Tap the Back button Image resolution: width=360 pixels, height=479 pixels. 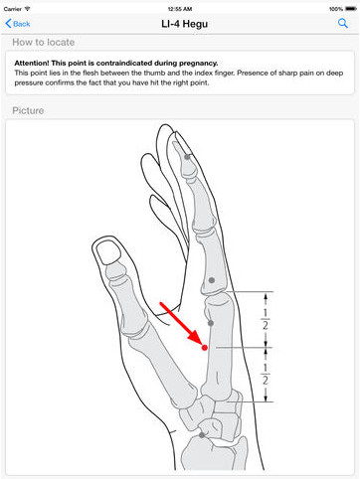point(18,24)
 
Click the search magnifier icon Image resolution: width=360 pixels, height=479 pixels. point(343,23)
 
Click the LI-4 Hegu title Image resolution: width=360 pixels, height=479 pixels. point(185,24)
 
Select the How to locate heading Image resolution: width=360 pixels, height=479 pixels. point(44,42)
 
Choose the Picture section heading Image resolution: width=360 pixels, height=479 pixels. point(28,110)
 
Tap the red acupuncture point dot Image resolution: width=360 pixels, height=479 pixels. point(205,348)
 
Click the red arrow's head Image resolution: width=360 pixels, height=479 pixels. point(197,339)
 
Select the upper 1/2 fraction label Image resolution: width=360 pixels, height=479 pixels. point(266,319)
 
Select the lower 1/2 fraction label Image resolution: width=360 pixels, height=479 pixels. point(266,374)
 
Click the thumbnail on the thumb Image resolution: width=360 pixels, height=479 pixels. point(107,252)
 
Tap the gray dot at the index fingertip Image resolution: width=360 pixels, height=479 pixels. point(187,157)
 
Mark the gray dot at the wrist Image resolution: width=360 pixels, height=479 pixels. point(202,435)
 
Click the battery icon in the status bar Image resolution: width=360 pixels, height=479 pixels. point(351,9)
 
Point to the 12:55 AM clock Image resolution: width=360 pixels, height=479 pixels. point(180,9)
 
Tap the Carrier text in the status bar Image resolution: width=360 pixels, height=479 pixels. point(13,9)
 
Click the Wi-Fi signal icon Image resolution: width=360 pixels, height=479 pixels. point(27,9)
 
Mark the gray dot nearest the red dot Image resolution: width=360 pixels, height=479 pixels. point(211,323)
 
